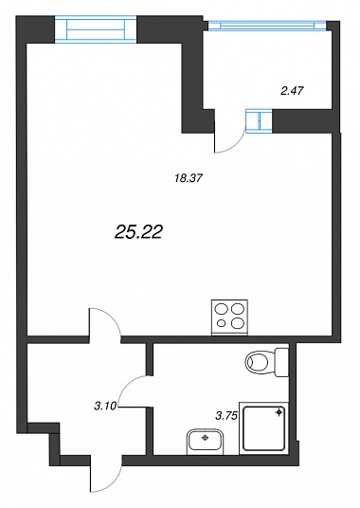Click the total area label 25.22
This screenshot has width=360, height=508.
[138, 232]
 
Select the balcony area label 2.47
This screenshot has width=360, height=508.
[292, 91]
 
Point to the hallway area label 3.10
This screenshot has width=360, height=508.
[105, 406]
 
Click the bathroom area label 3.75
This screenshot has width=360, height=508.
[226, 415]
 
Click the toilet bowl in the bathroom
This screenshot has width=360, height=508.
[261, 363]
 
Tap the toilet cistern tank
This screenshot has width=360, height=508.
[281, 362]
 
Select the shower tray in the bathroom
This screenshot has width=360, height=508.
[264, 428]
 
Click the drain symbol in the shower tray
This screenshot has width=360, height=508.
[279, 412]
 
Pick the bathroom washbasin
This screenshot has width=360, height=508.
[205, 442]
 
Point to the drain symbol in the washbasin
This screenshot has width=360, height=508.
[205, 438]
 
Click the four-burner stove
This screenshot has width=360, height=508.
[229, 317]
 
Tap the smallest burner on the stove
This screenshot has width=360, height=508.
[221, 322]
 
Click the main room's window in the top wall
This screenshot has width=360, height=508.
[96, 30]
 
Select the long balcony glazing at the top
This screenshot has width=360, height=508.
[267, 26]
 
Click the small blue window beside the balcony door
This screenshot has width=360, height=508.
[259, 121]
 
